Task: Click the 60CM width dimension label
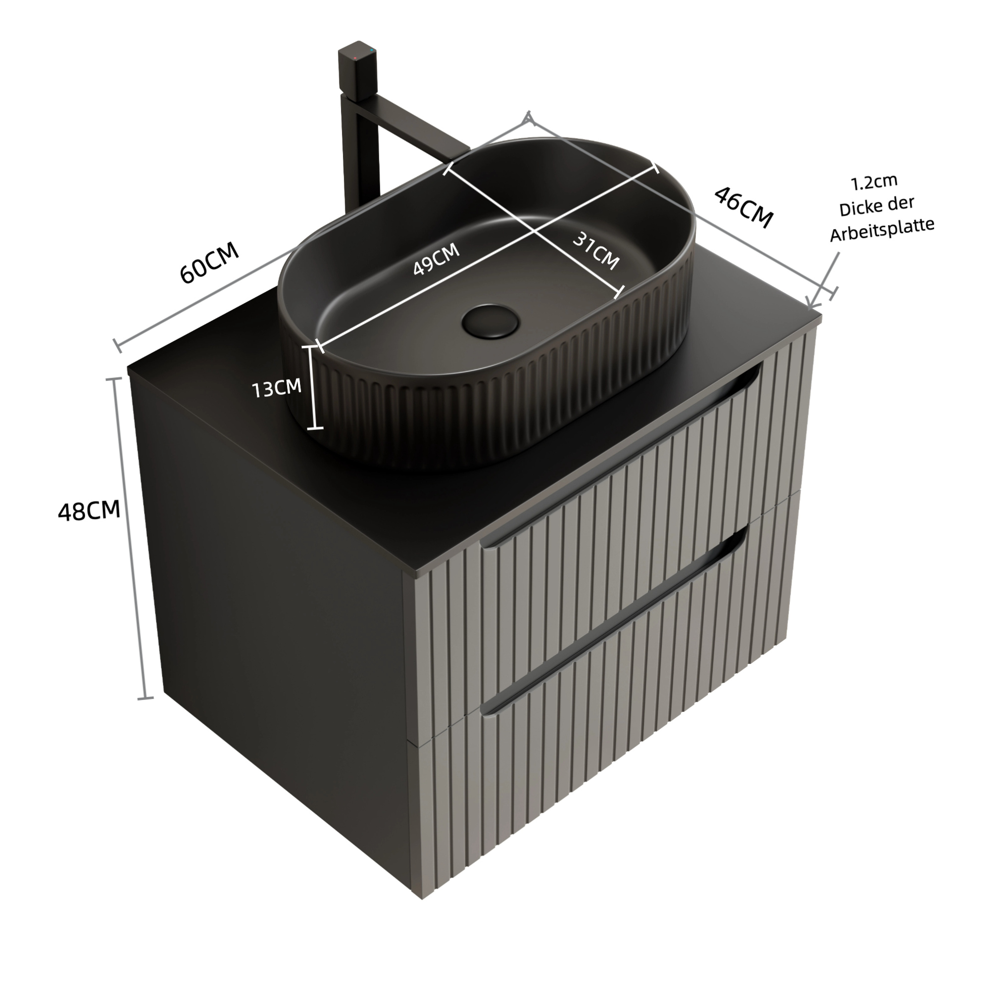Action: [x=209, y=262]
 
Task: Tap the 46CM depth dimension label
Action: [x=744, y=207]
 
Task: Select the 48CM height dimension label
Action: [x=89, y=511]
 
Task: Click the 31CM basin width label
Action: [x=596, y=251]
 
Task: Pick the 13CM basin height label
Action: [x=277, y=388]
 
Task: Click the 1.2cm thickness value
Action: [x=874, y=182]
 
